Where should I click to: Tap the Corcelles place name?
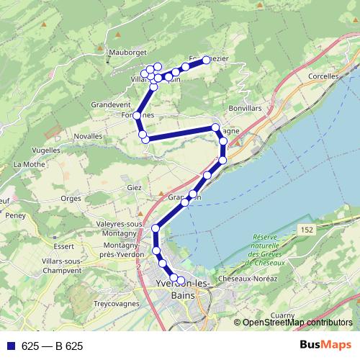click(322, 76)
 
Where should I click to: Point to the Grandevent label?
click(109, 104)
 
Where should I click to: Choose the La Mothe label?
click(30, 165)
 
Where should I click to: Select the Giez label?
click(134, 188)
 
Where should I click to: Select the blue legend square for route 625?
click(11, 346)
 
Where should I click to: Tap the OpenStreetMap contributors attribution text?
click(297, 323)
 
